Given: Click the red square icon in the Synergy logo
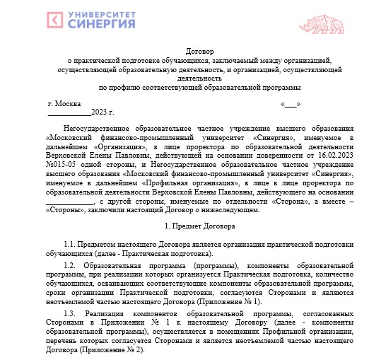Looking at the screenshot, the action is tap(55, 21).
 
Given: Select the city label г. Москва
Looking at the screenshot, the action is tap(64, 103).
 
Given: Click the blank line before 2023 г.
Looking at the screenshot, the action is tap(69, 112).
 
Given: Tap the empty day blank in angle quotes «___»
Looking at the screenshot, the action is tap(291, 103).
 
